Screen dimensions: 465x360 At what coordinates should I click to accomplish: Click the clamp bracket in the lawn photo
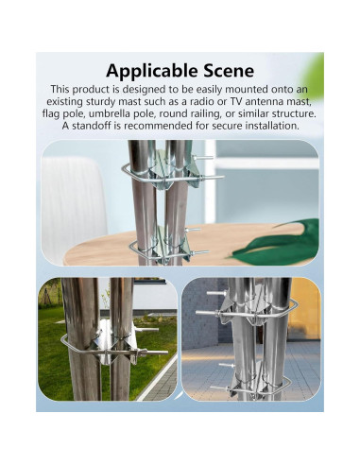click(106, 345)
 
